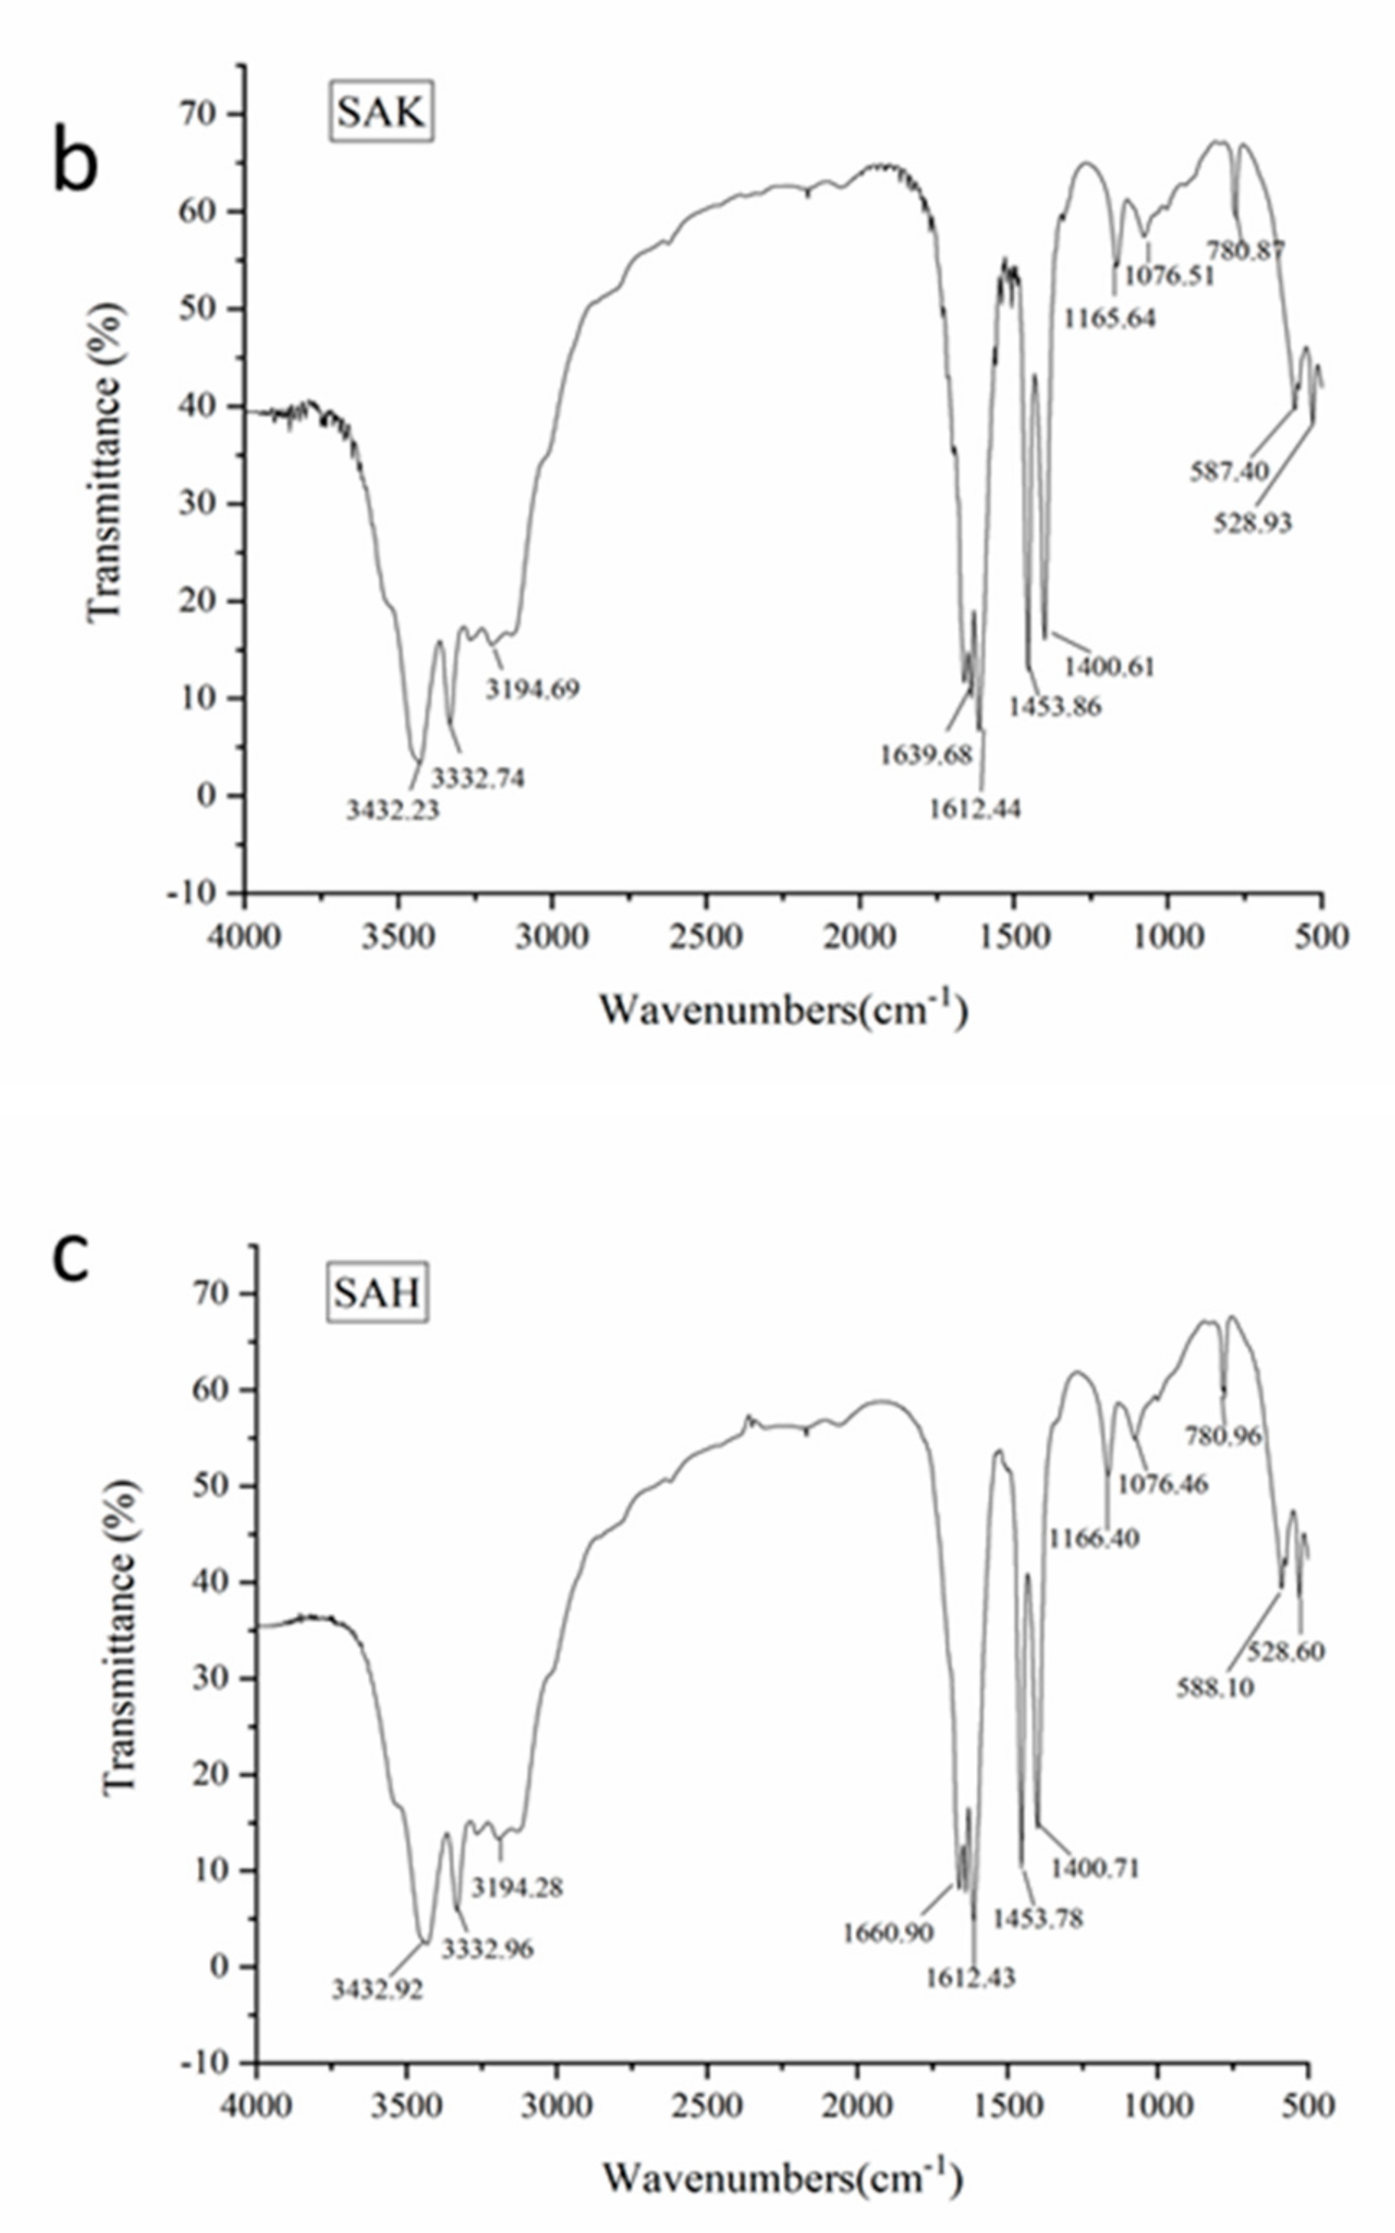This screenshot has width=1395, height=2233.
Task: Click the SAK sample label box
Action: click(x=380, y=113)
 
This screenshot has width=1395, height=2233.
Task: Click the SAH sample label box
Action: click(x=376, y=1294)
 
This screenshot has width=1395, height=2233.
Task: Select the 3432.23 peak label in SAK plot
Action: click(x=393, y=810)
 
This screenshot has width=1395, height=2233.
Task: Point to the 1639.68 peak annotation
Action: click(x=925, y=755)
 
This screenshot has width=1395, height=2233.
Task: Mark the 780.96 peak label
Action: click(x=1223, y=1436)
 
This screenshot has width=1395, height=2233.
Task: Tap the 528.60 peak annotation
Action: click(x=1286, y=1650)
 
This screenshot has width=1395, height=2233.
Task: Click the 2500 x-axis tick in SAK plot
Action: click(x=707, y=937)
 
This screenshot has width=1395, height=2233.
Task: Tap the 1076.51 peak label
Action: click(x=1169, y=276)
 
